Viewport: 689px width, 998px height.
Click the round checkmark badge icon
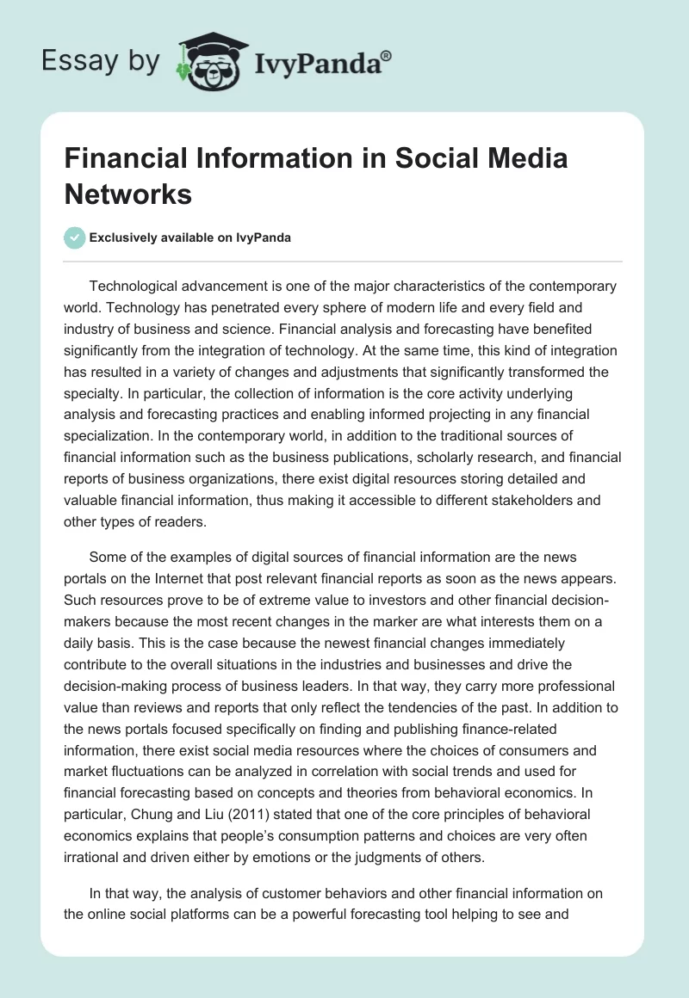click(x=74, y=238)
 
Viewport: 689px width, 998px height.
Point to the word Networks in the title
click(x=128, y=194)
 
